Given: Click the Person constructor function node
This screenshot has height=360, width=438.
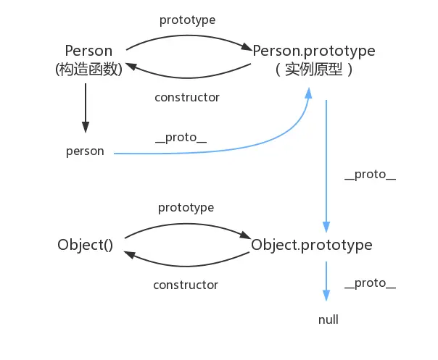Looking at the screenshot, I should [x=88, y=52].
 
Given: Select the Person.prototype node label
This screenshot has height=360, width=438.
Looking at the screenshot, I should [x=314, y=51].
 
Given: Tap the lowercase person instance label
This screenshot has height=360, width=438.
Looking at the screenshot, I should [x=85, y=151].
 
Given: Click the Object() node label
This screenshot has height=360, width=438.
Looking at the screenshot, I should [x=86, y=245].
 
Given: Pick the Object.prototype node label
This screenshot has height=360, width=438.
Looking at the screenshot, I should [x=312, y=245].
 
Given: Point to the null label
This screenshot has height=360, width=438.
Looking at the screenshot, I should [x=328, y=319].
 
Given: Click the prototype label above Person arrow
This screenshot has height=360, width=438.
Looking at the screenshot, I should [x=188, y=20].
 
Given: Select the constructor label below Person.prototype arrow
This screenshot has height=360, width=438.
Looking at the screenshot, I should [x=187, y=96].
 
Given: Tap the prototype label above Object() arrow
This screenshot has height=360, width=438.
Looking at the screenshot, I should [x=186, y=208].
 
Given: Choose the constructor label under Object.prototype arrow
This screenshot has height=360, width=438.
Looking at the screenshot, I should [x=186, y=285].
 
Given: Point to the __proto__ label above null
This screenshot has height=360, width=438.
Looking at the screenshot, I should [x=371, y=282].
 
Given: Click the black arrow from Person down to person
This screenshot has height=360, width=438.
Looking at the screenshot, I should [x=86, y=107].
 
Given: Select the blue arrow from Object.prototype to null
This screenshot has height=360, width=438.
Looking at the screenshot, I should [x=326, y=281].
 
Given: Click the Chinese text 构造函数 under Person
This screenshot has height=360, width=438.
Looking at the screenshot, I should [x=88, y=70].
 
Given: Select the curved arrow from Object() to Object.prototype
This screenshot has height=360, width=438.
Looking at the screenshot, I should [x=186, y=222].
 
